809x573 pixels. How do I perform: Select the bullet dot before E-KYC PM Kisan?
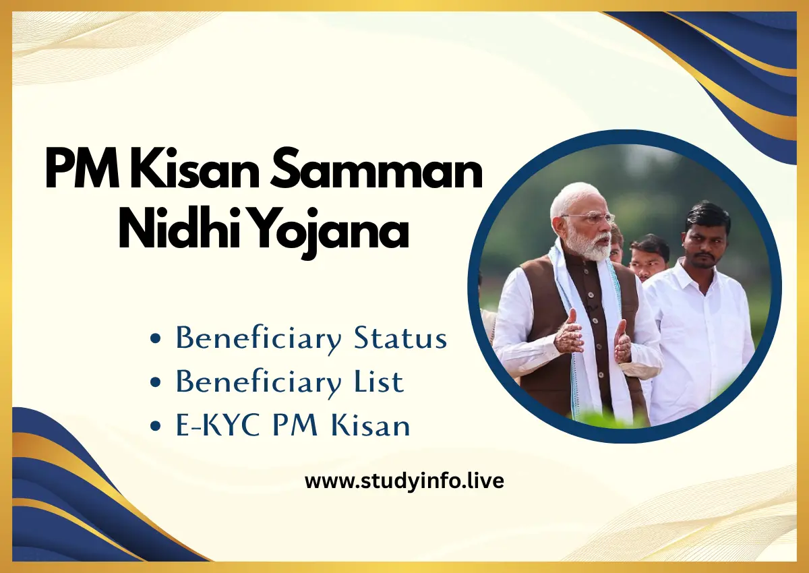coord(156,427)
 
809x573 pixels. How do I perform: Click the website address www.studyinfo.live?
coord(404,481)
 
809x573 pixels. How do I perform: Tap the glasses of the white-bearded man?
coord(588,218)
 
